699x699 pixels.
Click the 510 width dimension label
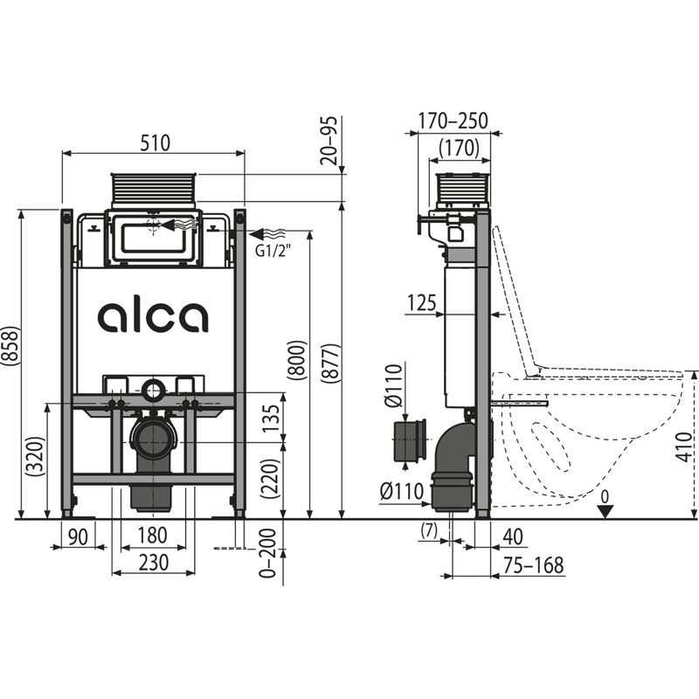click(x=153, y=142)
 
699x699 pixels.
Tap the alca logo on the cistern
click(x=153, y=316)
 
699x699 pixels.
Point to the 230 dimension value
click(x=153, y=564)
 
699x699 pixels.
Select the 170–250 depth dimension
click(x=453, y=121)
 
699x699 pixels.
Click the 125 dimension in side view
click(x=423, y=302)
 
